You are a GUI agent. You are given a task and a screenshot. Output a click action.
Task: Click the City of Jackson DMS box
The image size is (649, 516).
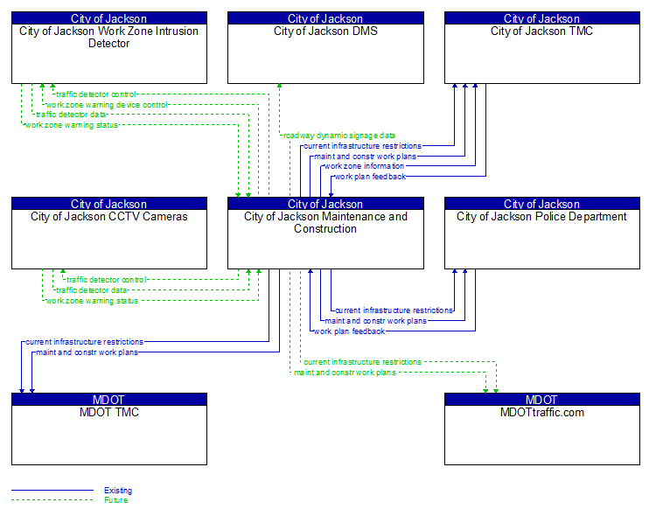325,52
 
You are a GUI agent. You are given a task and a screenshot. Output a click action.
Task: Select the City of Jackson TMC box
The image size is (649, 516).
542,52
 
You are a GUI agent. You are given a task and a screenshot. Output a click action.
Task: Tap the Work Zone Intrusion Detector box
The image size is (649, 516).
109,52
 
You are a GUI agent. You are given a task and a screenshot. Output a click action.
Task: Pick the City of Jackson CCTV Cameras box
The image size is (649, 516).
109,238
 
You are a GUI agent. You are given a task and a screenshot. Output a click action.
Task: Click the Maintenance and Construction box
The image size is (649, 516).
325,238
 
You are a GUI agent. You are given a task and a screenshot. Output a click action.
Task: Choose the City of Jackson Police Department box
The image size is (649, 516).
542,238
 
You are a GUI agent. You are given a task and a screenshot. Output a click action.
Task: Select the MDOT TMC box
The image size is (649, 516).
109,434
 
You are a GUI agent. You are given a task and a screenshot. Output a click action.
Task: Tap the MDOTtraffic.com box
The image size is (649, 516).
542,434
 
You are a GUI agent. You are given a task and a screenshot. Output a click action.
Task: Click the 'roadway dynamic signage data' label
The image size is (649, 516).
338,136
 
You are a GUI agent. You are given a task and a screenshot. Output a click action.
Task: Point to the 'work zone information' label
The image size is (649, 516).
364,166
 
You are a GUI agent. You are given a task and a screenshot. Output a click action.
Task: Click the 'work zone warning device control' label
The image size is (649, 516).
107,105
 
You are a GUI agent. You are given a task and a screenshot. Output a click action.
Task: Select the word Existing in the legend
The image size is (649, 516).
118,491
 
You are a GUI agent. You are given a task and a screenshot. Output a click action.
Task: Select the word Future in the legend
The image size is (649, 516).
115,500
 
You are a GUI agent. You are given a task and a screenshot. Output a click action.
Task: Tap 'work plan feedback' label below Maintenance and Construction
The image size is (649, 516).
349,331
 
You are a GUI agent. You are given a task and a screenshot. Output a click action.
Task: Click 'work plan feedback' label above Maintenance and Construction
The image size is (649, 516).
370,177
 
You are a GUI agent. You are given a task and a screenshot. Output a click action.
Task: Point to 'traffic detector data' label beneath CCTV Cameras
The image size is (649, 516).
92,290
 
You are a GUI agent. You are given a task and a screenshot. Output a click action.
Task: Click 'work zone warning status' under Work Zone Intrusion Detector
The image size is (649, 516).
71,125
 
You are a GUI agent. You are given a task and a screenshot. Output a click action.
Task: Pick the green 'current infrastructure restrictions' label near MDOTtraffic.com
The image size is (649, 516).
362,362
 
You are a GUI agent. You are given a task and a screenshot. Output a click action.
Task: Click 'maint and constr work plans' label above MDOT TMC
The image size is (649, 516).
87,352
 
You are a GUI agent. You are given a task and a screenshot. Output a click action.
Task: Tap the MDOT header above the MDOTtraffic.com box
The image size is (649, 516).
542,400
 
